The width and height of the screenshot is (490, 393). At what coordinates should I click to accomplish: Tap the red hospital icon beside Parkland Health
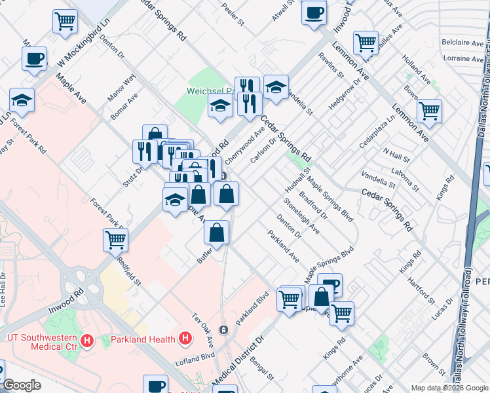(185, 339)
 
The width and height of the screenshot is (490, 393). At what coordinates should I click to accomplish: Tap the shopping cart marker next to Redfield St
(115, 239)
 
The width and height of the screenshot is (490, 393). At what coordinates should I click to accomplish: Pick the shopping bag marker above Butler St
(216, 231)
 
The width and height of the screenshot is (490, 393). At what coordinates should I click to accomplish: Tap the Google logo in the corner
(22, 384)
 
